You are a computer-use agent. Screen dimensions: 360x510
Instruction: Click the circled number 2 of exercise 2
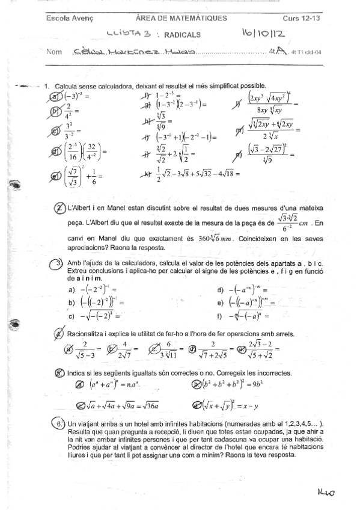[59, 208]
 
